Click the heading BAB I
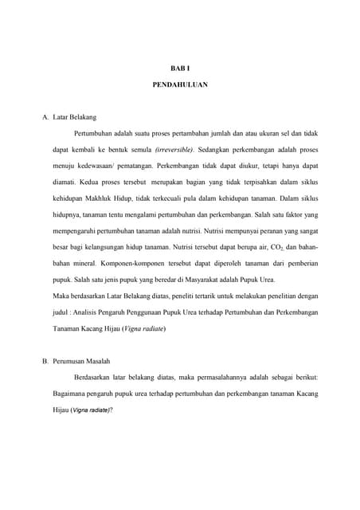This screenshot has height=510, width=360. tap(180, 69)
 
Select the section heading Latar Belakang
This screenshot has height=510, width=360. tap(74, 117)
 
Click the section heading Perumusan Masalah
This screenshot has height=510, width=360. tap(82, 361)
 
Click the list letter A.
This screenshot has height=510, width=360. tap(45, 117)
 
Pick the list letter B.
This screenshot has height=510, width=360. tap(45, 361)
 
